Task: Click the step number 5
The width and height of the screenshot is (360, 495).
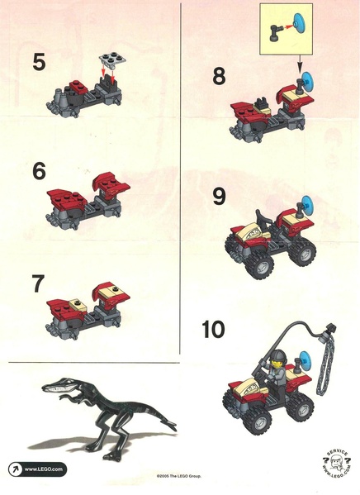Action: coord(39,62)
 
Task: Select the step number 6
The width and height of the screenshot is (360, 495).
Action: coord(39,171)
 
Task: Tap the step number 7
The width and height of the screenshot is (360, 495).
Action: coord(38,283)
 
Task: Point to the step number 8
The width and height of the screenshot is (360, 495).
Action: coord(219,76)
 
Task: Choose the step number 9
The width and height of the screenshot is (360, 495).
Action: coord(220,196)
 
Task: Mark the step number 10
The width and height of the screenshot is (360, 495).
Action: coord(213,329)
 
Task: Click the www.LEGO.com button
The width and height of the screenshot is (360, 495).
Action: coord(38,469)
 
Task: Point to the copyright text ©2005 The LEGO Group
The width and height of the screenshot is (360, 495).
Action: coord(179,476)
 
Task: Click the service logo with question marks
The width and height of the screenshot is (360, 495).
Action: coord(337,464)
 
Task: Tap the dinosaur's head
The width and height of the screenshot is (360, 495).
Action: coord(60,384)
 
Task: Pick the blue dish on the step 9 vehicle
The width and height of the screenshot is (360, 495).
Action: coord(306,205)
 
